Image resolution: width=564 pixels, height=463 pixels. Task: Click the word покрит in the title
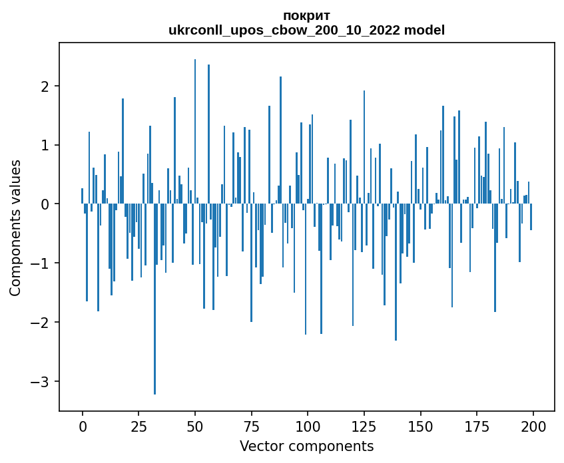(x=306, y=15)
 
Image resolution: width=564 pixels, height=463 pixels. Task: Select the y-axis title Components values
(x=15, y=228)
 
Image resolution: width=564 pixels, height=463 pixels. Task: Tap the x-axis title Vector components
(x=306, y=446)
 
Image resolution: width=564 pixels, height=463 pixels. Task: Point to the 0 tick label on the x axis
(x=83, y=426)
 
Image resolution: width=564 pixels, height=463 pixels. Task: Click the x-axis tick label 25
(x=139, y=426)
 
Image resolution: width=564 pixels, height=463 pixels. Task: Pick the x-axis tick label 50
(x=195, y=426)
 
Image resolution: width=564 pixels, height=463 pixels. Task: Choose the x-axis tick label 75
(x=251, y=426)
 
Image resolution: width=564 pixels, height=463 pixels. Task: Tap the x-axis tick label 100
(x=308, y=426)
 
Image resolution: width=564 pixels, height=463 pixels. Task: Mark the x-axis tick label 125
(x=364, y=426)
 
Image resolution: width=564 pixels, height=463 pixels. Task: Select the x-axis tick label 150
(x=420, y=426)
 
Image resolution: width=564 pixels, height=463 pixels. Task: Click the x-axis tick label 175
(x=476, y=426)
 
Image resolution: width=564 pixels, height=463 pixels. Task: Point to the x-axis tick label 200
(x=533, y=426)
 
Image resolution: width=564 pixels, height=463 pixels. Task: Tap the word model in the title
(x=429, y=30)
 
